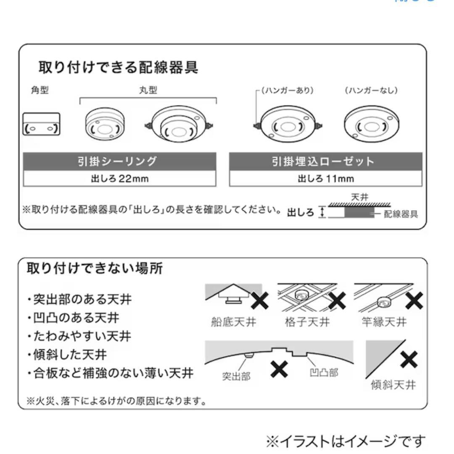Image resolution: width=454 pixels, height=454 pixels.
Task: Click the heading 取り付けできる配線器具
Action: click(118, 67)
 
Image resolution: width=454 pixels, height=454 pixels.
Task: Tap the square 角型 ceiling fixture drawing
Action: click(41, 125)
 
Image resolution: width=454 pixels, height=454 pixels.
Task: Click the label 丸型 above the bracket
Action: click(148, 90)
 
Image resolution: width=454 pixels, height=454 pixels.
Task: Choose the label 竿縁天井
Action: click(384, 322)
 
